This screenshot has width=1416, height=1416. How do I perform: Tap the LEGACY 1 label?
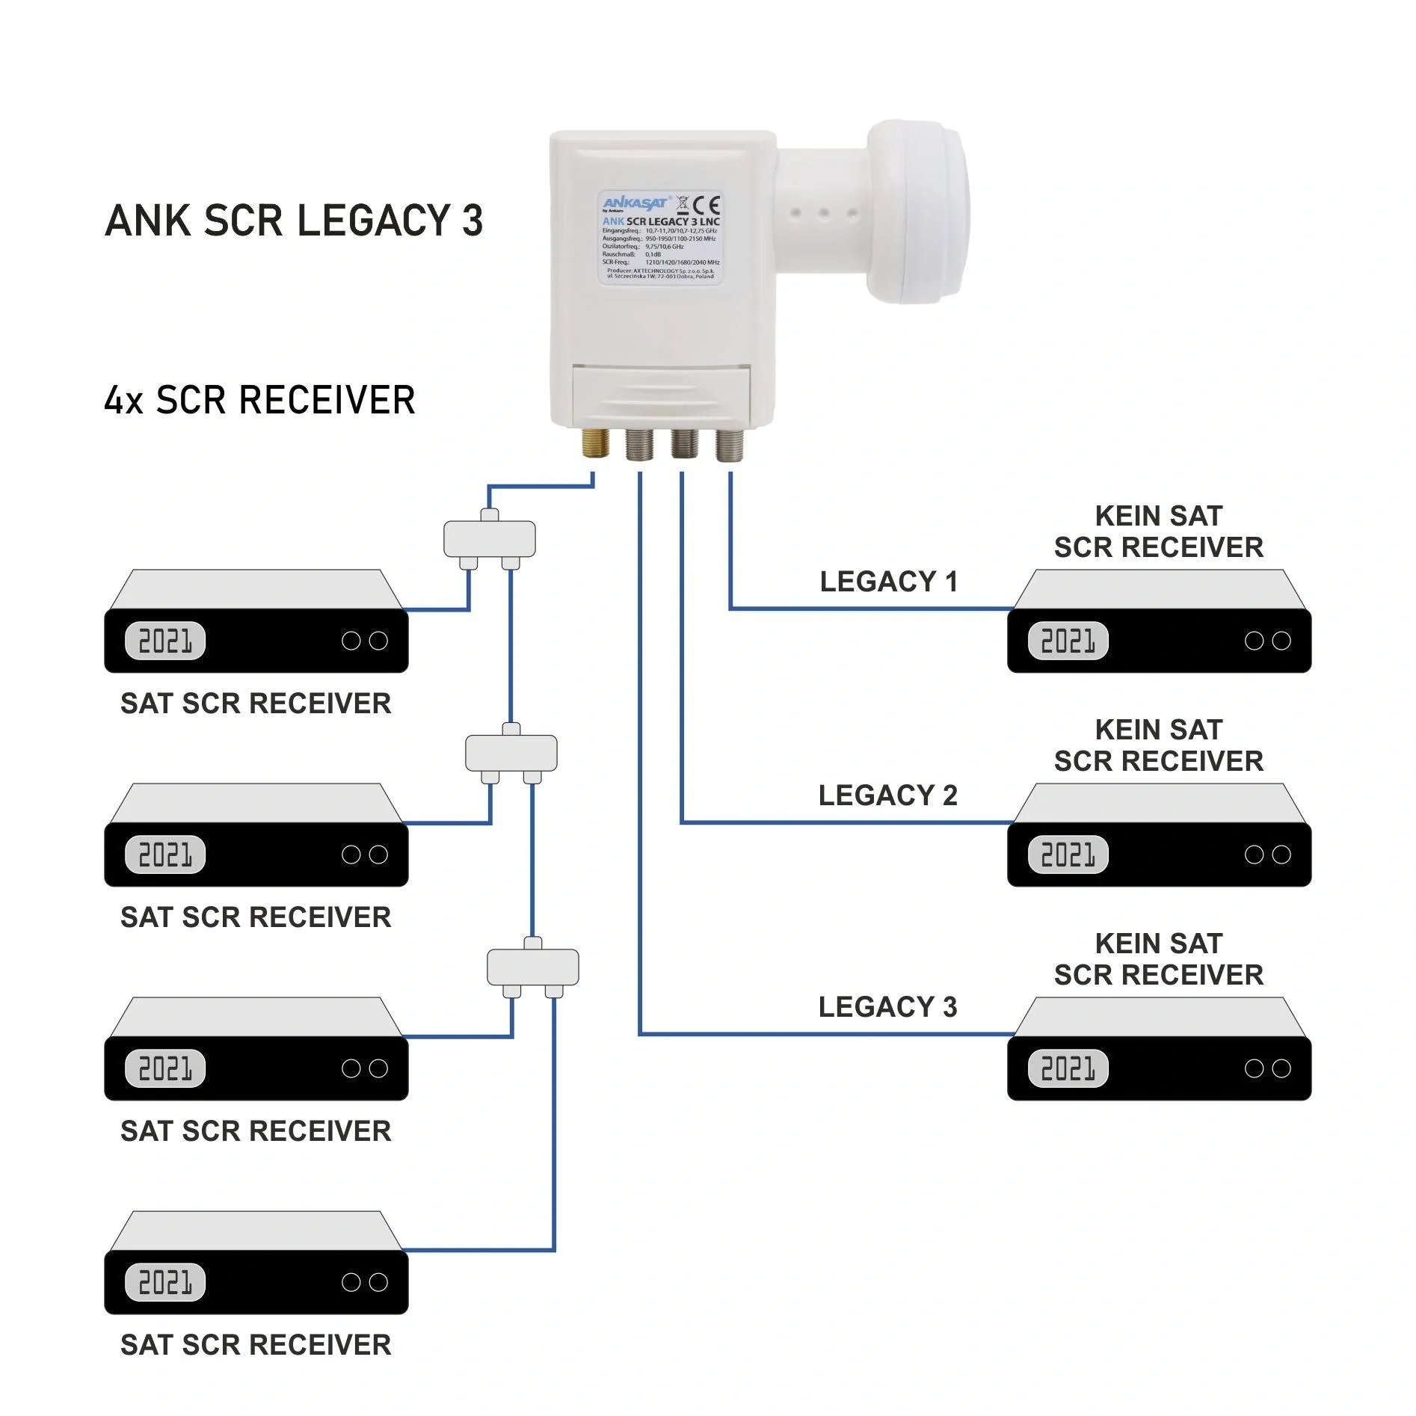point(888,582)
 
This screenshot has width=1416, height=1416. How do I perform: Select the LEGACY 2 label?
point(887,795)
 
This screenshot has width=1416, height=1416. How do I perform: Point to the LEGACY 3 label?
point(887,1007)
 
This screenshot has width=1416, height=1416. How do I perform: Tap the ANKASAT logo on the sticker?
point(635,203)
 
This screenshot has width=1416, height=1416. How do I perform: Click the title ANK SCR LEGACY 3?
point(294,221)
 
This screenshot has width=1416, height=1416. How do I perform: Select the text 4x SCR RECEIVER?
point(259,400)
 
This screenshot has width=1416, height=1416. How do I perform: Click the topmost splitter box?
point(490,539)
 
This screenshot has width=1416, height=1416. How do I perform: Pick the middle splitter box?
point(511,753)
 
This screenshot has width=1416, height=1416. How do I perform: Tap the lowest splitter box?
point(532,967)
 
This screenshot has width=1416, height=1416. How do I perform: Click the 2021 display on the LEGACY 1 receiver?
point(1068,641)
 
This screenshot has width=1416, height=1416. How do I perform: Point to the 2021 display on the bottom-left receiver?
point(165,1282)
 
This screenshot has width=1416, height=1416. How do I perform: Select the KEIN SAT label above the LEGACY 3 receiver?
point(1158,944)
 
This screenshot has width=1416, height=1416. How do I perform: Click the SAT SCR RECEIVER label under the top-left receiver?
point(256,704)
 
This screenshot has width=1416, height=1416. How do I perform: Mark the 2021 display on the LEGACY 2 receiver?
point(1068,855)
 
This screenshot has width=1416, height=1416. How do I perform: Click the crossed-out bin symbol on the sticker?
point(683,205)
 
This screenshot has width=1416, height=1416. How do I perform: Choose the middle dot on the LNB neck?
point(823,213)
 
